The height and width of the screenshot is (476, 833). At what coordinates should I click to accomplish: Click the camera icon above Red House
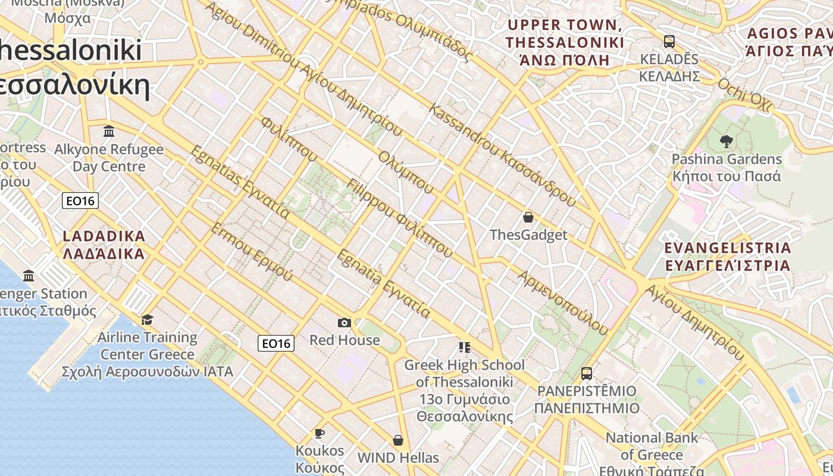pos(344,322)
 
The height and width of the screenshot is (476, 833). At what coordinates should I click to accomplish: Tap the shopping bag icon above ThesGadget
pos(528,217)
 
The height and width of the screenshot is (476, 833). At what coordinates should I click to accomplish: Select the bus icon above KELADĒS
pos(669,42)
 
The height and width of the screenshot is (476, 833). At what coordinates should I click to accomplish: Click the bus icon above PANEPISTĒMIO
pos(587,374)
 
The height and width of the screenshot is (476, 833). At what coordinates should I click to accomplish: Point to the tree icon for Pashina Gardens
pos(726,142)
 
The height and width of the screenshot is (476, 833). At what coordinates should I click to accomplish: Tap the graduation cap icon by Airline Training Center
pos(147,320)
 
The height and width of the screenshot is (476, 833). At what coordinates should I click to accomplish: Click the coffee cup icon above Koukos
pos(320,433)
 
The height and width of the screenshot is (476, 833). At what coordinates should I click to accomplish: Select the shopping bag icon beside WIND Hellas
pos(398,440)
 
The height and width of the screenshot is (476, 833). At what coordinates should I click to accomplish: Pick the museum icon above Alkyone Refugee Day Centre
pos(109,131)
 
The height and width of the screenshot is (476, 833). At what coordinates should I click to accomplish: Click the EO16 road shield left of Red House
pos(276,343)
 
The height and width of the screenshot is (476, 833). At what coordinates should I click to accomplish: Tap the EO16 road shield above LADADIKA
pos(80,201)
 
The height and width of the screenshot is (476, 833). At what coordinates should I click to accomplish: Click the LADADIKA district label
pos(104,245)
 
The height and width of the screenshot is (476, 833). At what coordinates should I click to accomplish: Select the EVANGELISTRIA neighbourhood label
pos(728,256)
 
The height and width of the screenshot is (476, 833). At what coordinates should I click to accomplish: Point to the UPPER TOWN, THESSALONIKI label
pos(564,42)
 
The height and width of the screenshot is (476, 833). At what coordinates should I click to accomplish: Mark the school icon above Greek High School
pos(464,347)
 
